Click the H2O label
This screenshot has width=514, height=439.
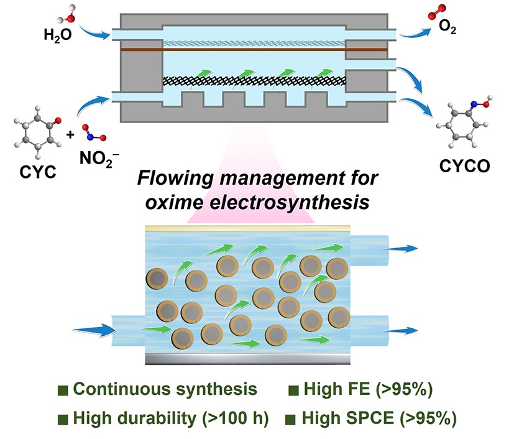pos(57,35)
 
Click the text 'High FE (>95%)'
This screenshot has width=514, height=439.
pos(368,390)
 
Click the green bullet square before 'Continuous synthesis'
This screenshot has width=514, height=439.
pos(62,390)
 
